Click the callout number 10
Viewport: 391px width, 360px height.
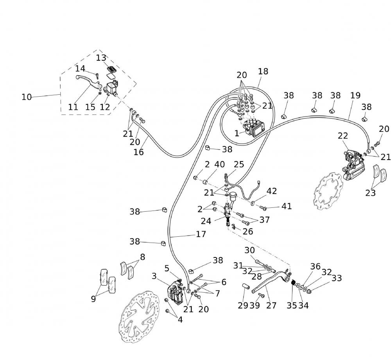tap(27, 97)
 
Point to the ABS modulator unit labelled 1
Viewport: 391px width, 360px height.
tap(253, 128)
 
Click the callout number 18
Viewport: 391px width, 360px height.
tap(263, 71)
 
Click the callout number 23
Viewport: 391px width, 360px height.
tap(371, 193)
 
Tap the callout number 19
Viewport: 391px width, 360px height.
tap(355, 95)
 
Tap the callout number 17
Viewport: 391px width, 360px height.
tap(201, 234)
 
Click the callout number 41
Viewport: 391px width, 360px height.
tap(287, 206)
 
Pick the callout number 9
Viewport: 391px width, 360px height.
tap(93, 299)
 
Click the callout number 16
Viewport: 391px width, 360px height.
tap(139, 151)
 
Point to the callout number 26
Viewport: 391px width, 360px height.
tap(248, 231)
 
